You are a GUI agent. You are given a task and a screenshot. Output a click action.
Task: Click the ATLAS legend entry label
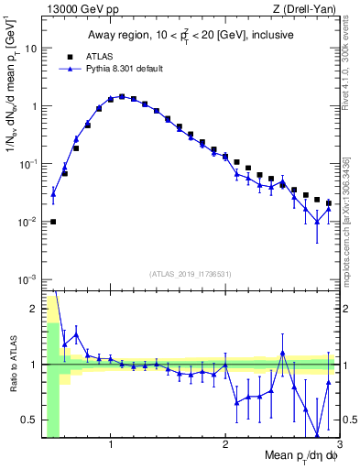(x=98, y=55)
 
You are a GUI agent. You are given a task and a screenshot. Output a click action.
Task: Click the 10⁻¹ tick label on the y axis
(x=27, y=163)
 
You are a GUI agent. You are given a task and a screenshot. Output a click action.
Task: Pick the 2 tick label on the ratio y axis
(x=34, y=308)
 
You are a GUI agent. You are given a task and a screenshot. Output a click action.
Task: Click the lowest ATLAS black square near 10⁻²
(x=53, y=222)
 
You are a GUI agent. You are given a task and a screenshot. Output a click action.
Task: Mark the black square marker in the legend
(x=69, y=55)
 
